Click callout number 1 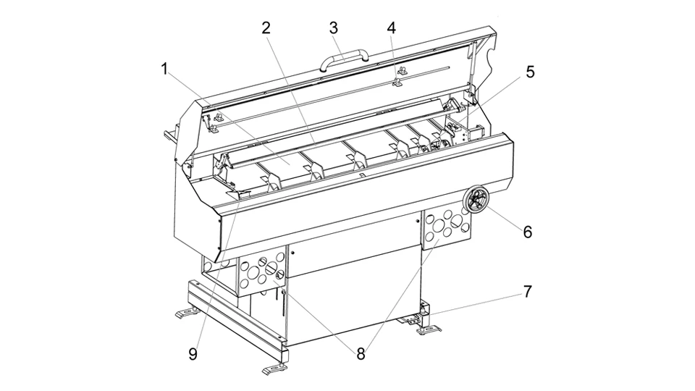point(164,70)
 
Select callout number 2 point(266,28)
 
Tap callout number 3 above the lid point(333,28)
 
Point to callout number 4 point(391,28)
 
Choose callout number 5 point(530,72)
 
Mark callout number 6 point(527,232)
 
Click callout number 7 point(527,292)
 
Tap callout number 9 point(193,354)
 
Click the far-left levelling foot point(187,313)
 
